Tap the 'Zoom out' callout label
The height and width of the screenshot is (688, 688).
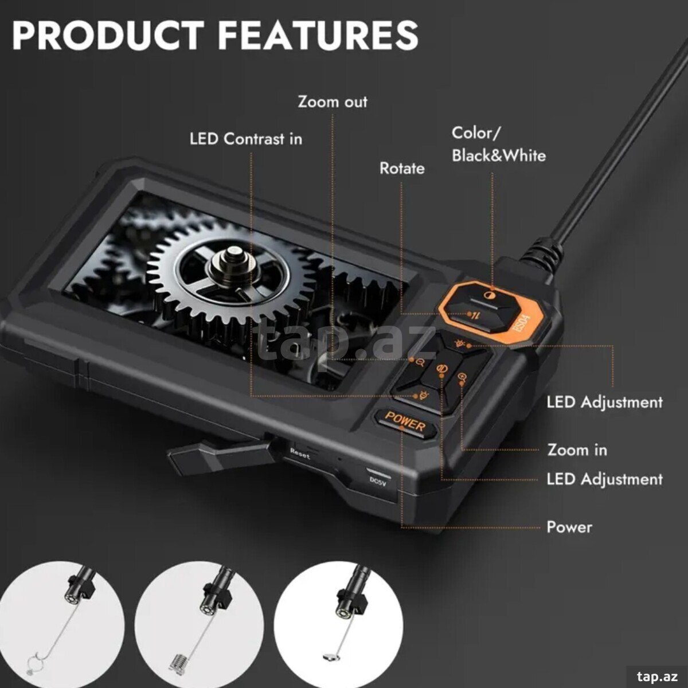pyautogui.click(x=333, y=102)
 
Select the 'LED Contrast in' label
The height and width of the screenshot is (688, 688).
pyautogui.click(x=246, y=139)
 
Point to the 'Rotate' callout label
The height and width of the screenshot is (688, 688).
pyautogui.click(x=402, y=169)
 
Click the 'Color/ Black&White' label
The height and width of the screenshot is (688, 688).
pyautogui.click(x=499, y=144)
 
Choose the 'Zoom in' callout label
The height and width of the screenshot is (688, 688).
pyautogui.click(x=577, y=450)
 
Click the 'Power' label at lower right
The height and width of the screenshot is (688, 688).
pyautogui.click(x=569, y=527)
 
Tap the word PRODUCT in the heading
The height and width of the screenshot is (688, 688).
pyautogui.click(x=107, y=35)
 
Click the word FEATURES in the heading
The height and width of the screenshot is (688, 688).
pyautogui.click(x=318, y=35)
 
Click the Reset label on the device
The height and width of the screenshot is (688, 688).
pyautogui.click(x=300, y=453)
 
